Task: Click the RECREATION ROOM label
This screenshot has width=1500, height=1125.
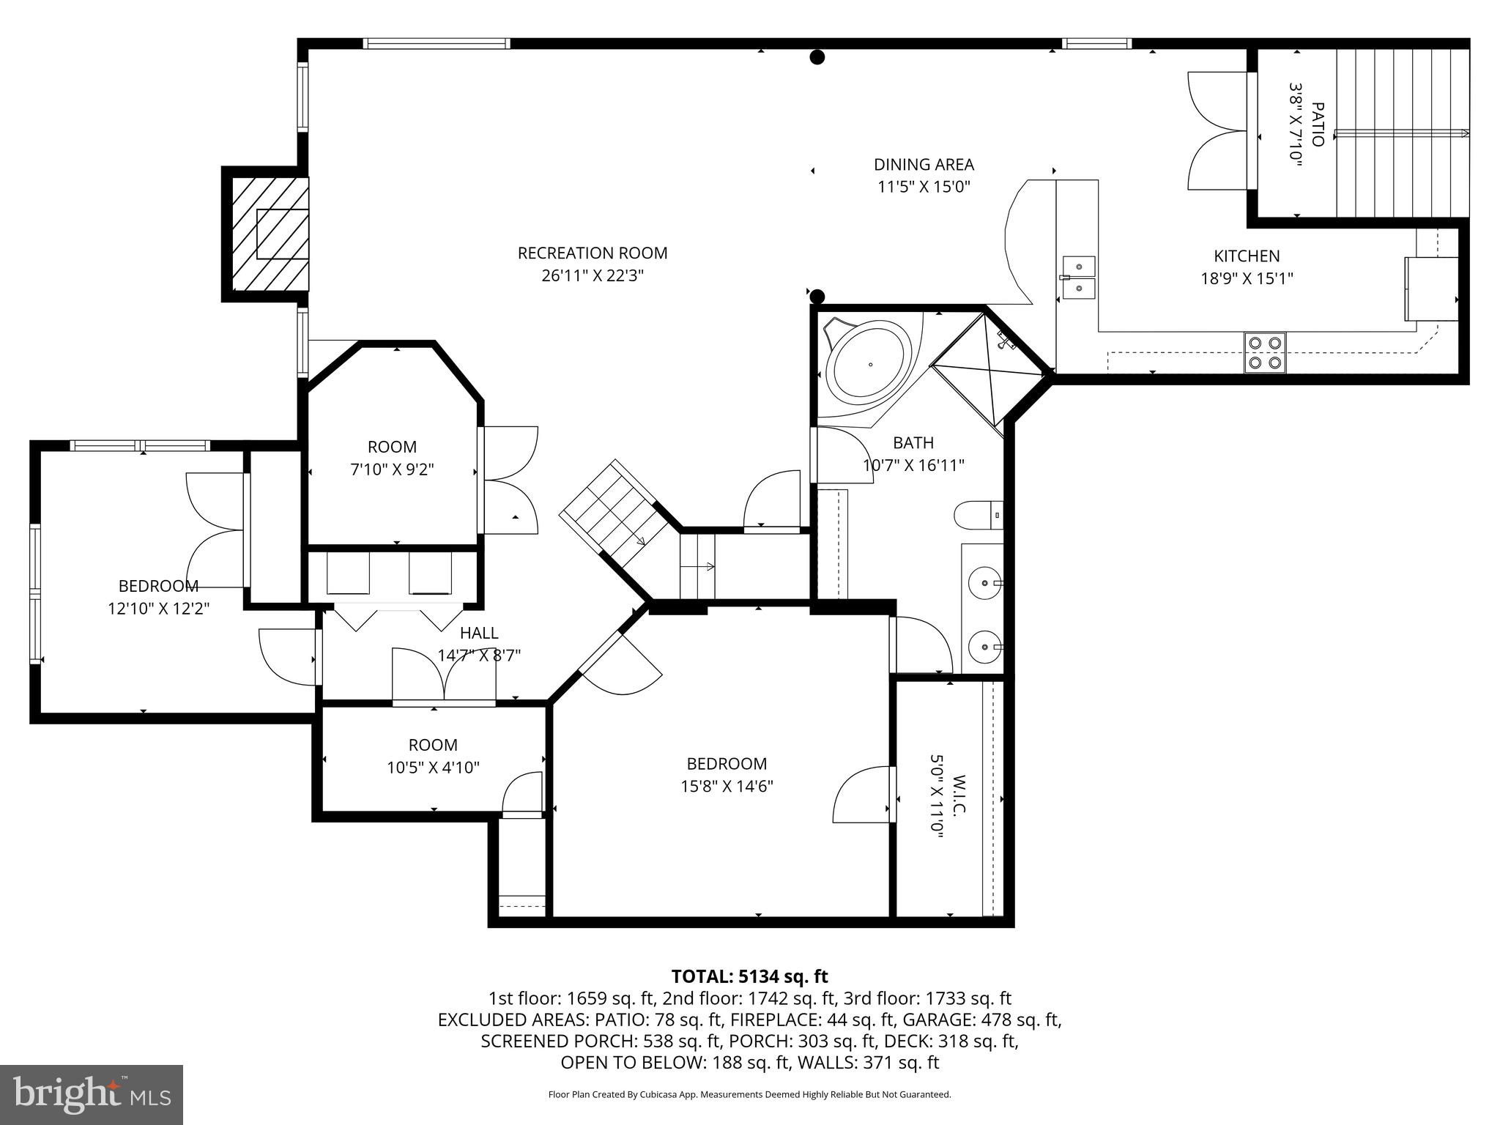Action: [592, 253]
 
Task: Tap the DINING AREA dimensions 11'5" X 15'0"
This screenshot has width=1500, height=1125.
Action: [924, 187]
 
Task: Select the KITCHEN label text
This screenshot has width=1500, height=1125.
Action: [1247, 256]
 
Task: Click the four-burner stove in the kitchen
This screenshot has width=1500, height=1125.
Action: [1265, 352]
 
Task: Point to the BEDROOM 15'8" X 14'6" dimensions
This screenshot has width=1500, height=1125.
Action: [726, 787]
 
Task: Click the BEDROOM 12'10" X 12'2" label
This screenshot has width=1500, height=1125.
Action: [158, 586]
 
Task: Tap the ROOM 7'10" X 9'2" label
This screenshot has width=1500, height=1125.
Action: [392, 447]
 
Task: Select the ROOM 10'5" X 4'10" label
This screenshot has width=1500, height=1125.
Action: [433, 745]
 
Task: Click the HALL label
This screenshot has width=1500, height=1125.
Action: [479, 633]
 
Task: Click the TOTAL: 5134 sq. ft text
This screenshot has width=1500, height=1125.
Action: [749, 976]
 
